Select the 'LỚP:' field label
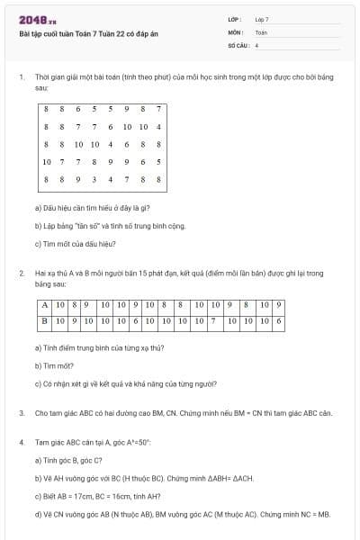pos(235,19)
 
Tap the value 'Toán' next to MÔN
pos(261,31)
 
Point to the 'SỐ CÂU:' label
pos(237,44)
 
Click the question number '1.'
pos(21,77)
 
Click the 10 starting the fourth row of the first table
pos(47,162)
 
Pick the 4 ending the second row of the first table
pos(158,127)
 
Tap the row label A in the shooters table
pos(44,305)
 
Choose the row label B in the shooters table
pos(44,319)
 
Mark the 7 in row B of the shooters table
pos(212,319)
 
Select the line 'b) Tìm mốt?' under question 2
pos(51,366)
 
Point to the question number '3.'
pos(21,413)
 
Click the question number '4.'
pos(21,443)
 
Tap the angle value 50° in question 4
pos(142,443)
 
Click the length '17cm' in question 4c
pos(88,496)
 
